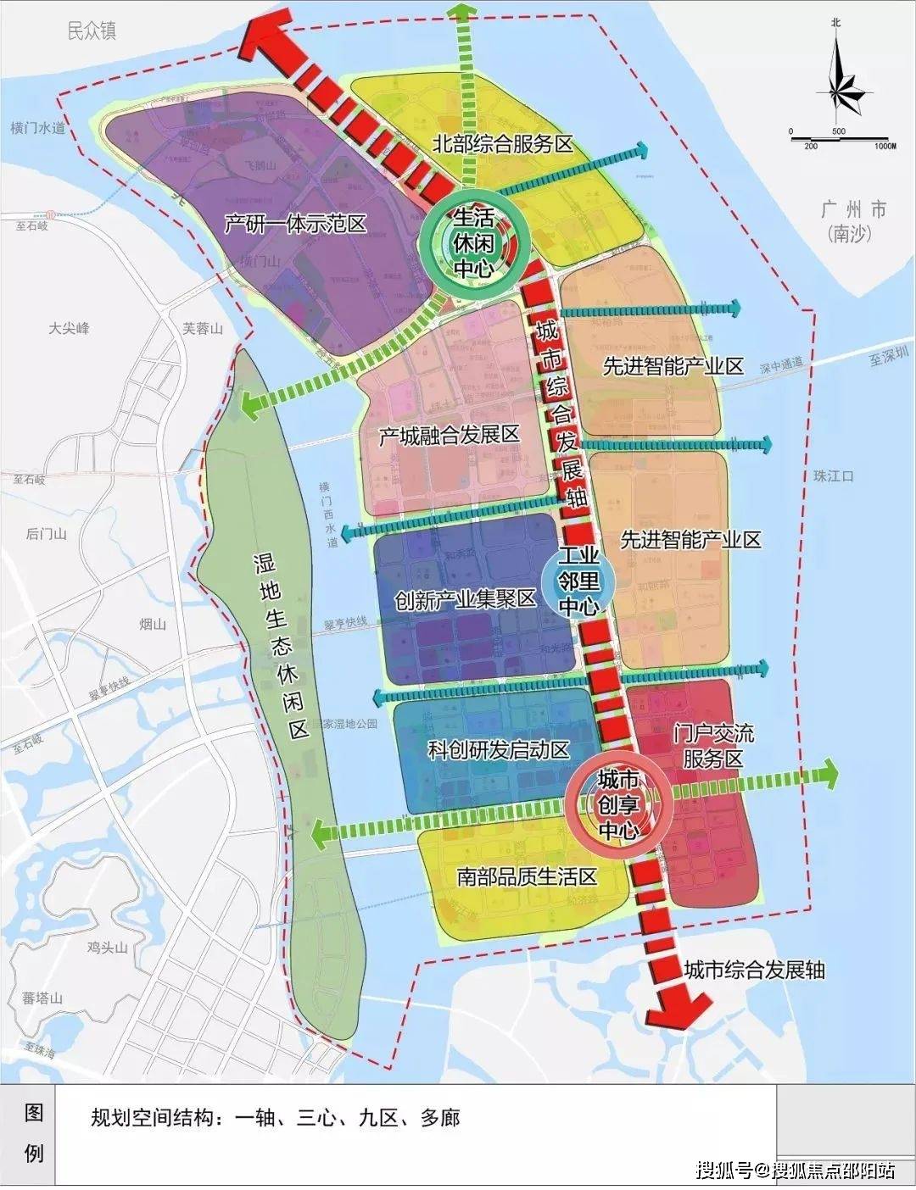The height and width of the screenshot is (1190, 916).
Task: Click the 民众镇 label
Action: (92, 31)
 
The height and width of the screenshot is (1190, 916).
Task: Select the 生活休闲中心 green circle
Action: (475, 244)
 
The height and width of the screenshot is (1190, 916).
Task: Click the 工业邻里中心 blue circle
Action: (578, 581)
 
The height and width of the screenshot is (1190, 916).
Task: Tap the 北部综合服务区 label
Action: (503, 144)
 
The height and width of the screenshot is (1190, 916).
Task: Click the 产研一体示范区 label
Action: (295, 224)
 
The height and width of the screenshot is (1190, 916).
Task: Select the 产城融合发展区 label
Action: (449, 436)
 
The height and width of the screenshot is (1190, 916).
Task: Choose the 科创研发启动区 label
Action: (498, 750)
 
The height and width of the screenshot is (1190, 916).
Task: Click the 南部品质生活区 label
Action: (527, 876)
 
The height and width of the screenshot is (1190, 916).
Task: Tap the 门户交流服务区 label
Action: (712, 745)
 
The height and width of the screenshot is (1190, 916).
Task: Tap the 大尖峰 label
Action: (69, 328)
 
